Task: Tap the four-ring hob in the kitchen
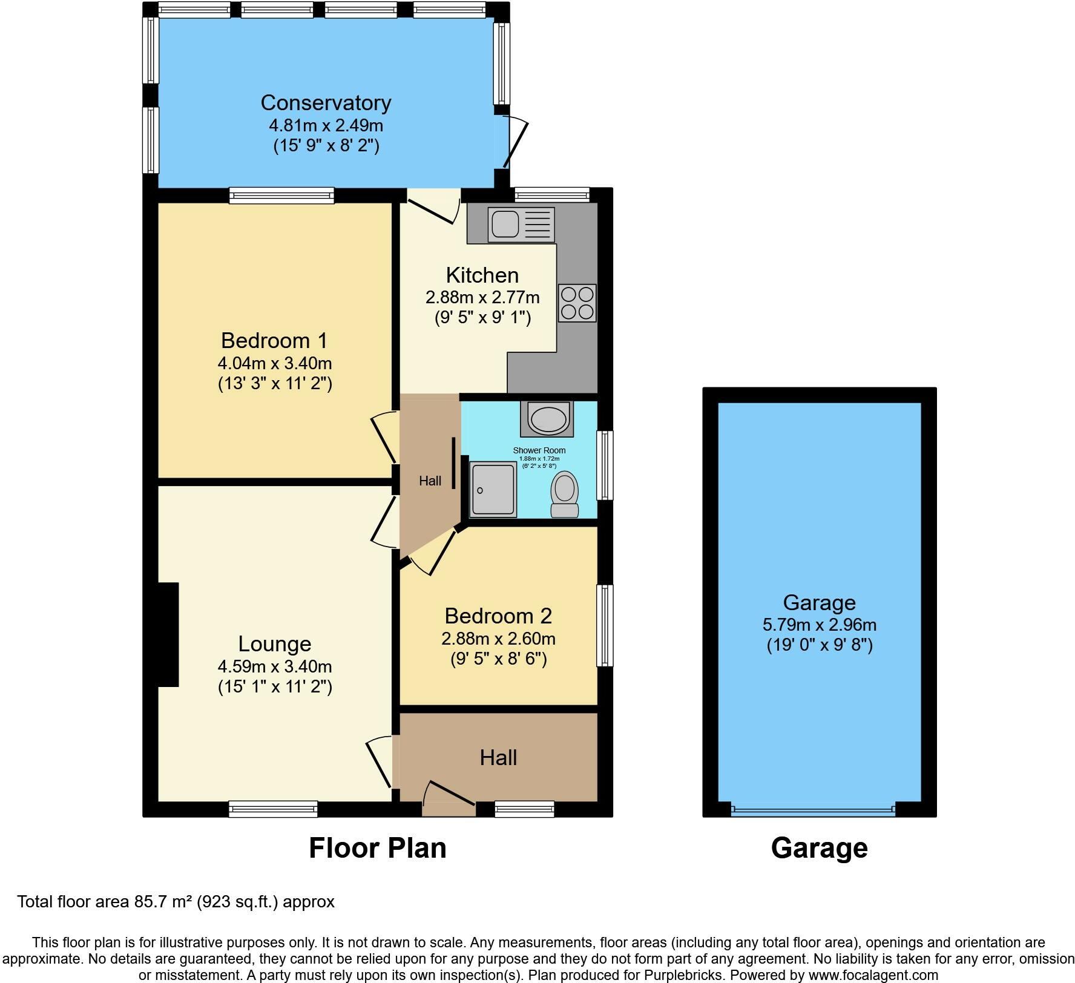point(577,303)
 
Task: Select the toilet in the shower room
point(565,494)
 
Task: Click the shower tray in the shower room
point(493,489)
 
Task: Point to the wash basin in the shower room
point(547,418)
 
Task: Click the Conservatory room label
point(326,103)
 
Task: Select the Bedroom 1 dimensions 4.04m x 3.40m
point(275,363)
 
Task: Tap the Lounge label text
point(274,643)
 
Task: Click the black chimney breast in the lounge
point(168,634)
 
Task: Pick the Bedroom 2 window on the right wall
point(604,625)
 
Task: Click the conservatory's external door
point(513,143)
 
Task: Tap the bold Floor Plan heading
point(377,848)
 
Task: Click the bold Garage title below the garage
point(819,848)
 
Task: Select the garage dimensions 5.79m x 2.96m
point(820,624)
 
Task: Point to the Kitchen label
point(482,275)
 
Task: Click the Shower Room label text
point(539,450)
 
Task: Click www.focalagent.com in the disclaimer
point(873,975)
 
